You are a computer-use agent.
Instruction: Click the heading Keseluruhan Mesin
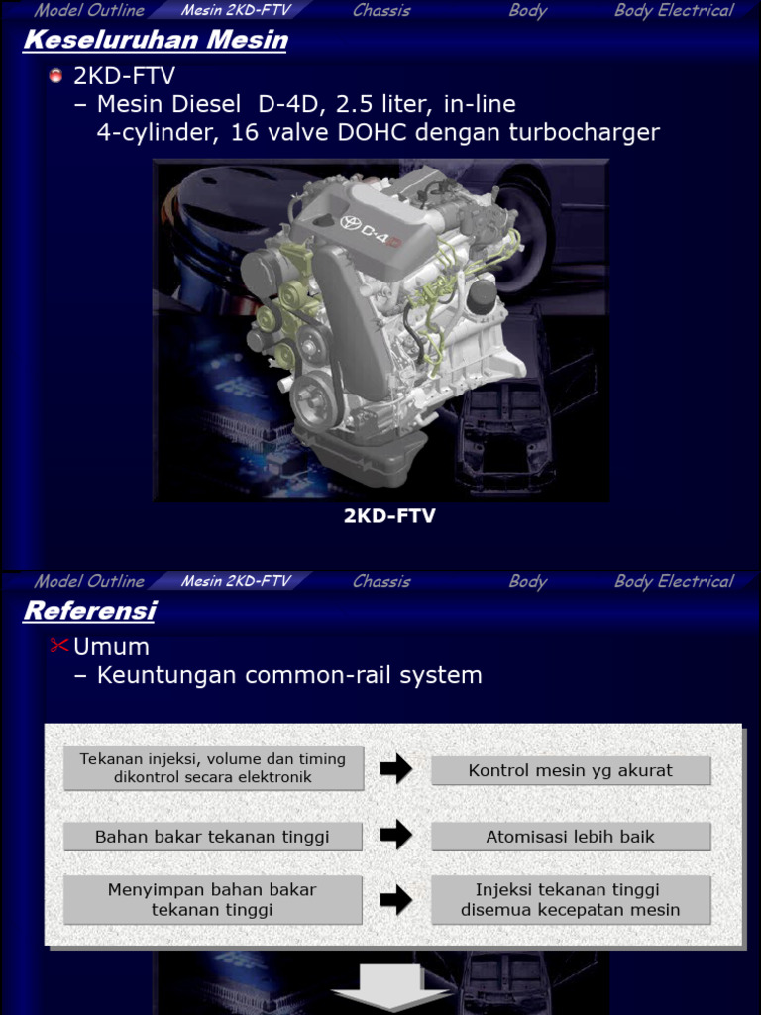pos(156,41)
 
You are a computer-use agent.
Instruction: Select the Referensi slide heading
pos(89,611)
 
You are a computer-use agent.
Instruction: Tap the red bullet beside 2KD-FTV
pos(56,76)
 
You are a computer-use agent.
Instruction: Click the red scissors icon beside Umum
pos(58,647)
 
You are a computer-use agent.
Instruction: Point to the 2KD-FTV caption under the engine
pos(389,515)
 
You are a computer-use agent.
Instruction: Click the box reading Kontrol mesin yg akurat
pos(570,770)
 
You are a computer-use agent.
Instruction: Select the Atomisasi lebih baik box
pos(570,837)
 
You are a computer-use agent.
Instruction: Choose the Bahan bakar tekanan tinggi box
pos(212,837)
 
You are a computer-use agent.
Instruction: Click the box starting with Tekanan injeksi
pos(212,768)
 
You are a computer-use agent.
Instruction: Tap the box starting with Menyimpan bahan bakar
pos(212,900)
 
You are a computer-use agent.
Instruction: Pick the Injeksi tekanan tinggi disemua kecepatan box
pos(570,900)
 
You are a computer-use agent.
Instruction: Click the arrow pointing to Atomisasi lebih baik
pos(396,836)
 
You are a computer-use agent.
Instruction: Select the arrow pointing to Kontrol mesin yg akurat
pos(396,769)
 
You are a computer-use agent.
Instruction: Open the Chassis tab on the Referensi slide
pos(381,581)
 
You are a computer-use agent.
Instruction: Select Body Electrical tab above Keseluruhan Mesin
pos(674,11)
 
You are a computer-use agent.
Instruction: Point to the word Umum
pos(111,647)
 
